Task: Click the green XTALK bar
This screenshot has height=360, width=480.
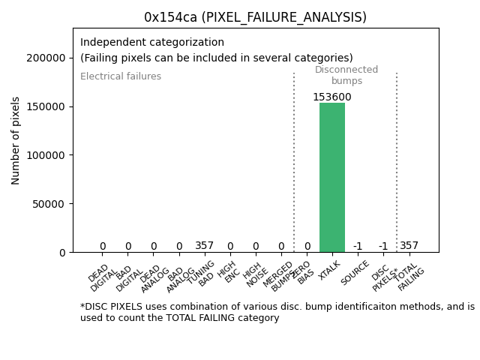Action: click(332, 177)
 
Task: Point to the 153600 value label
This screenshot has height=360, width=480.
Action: click(332, 97)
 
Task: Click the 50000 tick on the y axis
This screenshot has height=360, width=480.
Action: click(47, 203)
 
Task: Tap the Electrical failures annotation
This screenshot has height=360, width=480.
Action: click(121, 76)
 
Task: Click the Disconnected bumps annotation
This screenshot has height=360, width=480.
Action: click(346, 76)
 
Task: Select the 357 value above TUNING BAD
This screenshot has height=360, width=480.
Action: click(205, 246)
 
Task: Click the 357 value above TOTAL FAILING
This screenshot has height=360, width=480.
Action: click(409, 246)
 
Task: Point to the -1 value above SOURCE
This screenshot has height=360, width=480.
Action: click(358, 247)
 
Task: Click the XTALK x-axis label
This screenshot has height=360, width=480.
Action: click(330, 269)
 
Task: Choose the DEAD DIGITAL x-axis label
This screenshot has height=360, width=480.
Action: click(102, 276)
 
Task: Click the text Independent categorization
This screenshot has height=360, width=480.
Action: click(152, 43)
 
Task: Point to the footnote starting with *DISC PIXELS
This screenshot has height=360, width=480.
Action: click(277, 312)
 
